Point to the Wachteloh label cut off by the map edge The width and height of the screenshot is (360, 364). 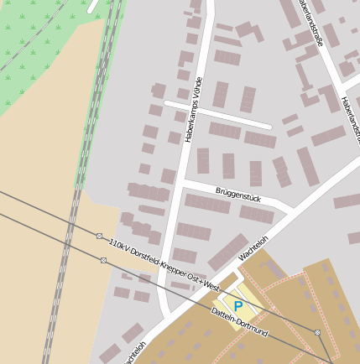[x=134, y=353]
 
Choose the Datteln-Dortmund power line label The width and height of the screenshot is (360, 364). [x=240, y=323]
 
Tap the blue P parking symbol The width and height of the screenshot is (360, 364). [x=237, y=307]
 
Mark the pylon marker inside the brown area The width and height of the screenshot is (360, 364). [x=317, y=333]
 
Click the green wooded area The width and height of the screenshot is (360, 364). [x=42, y=50]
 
